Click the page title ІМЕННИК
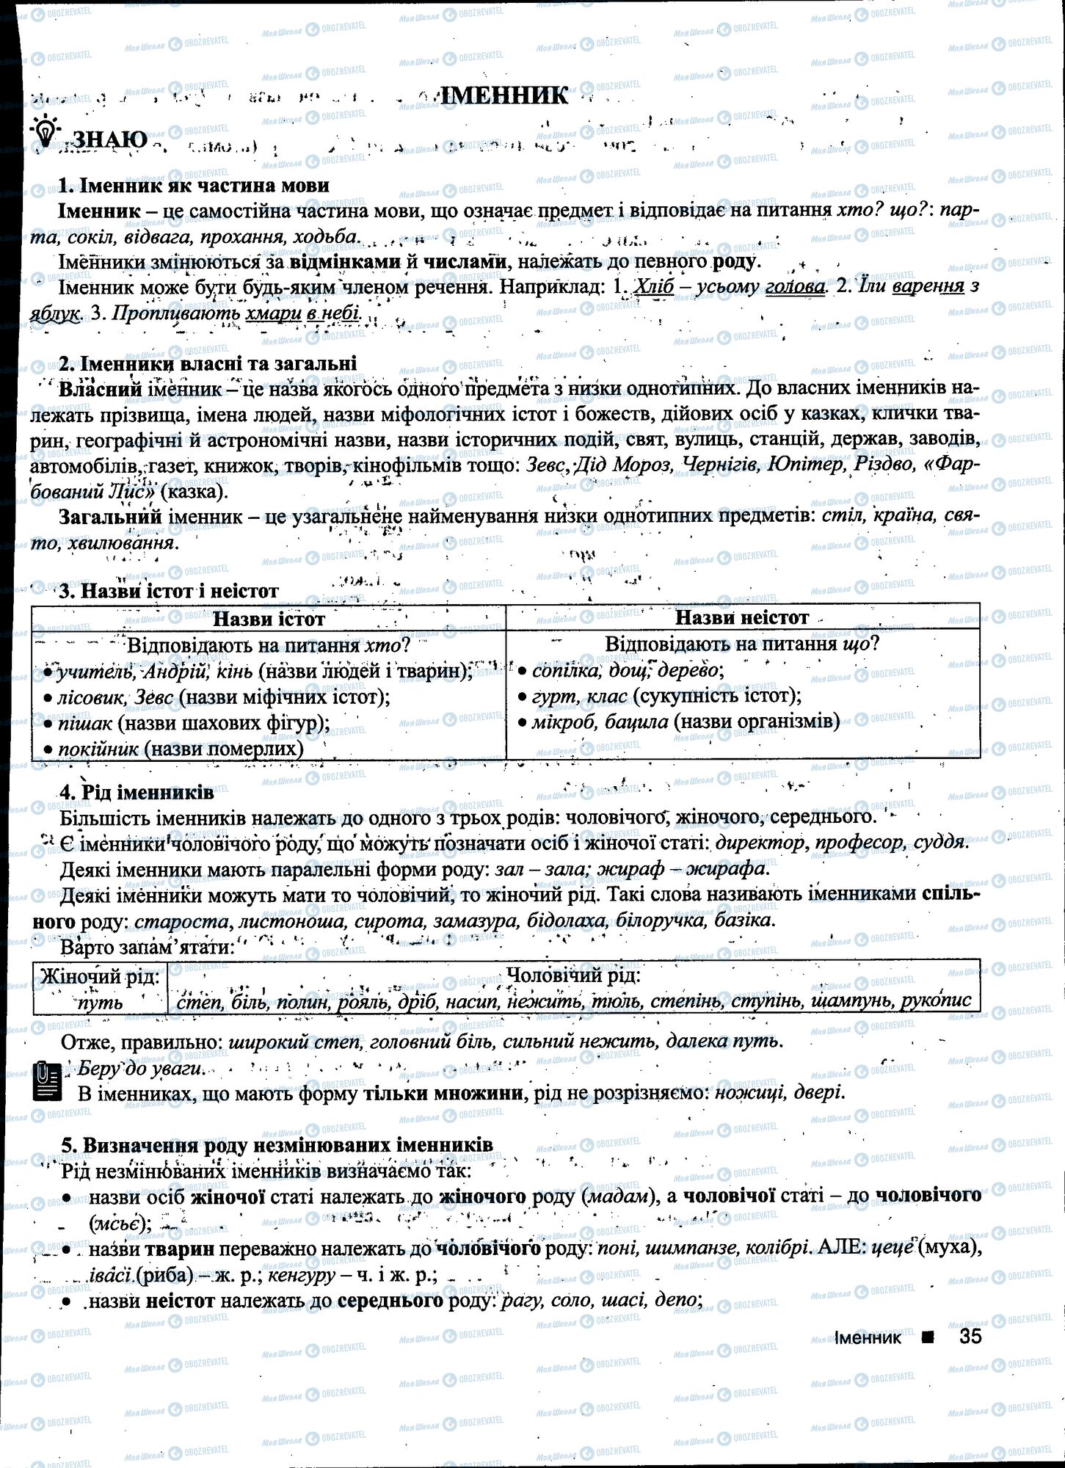506,95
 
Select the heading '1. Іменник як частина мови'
194,185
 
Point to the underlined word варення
928,286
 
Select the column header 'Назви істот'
269,619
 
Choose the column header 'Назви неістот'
741,617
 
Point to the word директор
760,843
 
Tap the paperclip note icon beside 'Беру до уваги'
46,1082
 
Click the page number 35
969,1336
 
